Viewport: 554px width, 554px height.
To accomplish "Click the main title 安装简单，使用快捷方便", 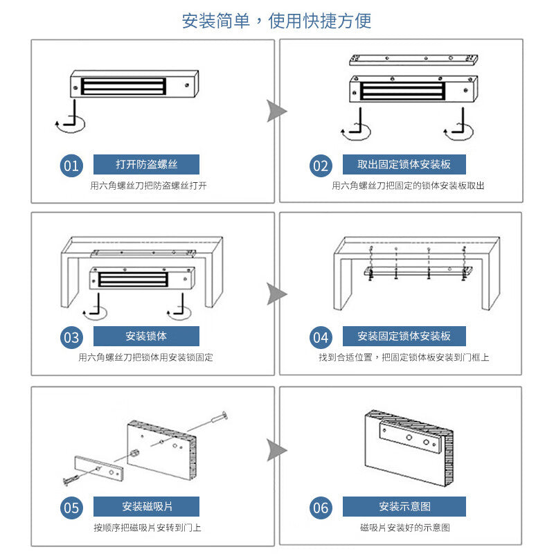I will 277,21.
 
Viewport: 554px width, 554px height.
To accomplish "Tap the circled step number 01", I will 71,166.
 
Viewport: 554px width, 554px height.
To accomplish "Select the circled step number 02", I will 321,166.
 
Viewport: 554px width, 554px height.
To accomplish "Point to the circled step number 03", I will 71,337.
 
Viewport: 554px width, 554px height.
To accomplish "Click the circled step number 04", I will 321,337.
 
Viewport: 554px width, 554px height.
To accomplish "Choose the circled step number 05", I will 71,508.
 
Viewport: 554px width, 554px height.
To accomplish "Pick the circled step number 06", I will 321,508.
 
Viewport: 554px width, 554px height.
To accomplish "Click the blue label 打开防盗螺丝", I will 146,164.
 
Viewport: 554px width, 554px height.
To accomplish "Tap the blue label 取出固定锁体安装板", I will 404,164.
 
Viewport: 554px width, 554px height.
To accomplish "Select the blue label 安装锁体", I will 146,336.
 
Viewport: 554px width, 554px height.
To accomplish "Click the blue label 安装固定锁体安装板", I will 404,336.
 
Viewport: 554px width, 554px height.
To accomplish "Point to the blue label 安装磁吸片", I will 146,506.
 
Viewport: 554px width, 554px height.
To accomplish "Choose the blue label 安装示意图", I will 404,506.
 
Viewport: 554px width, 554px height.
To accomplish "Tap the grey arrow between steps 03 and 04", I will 276,294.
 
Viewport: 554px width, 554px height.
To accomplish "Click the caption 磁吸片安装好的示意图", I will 404,528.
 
